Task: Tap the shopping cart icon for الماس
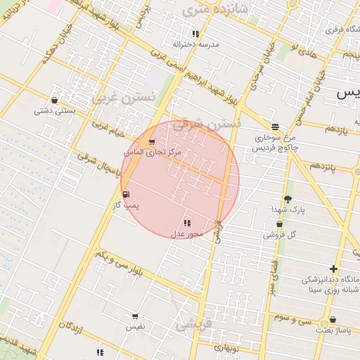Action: click(x=152, y=142)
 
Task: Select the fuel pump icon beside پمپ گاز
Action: click(x=126, y=195)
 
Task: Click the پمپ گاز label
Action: click(x=127, y=205)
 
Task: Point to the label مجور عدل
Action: click(x=187, y=233)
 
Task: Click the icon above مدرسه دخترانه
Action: click(x=195, y=34)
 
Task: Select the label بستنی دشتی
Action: click(x=55, y=110)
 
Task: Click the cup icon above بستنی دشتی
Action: click(x=55, y=101)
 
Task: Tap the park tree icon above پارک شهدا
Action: click(x=287, y=199)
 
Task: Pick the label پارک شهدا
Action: click(x=287, y=210)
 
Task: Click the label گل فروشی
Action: click(x=280, y=234)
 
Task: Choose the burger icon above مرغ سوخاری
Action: click(x=274, y=127)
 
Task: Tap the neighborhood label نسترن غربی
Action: click(x=137, y=97)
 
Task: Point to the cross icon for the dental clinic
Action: click(x=333, y=269)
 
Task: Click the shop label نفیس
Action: click(x=135, y=327)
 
